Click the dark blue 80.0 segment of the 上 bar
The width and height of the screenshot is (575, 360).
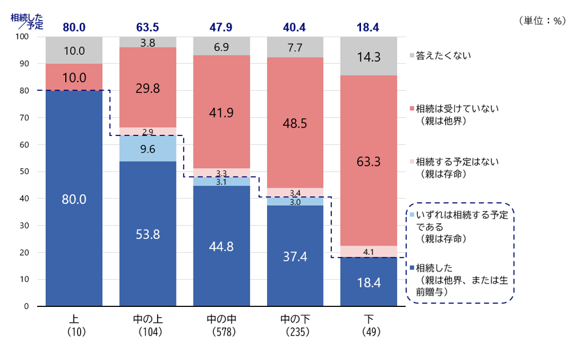coord(74,198)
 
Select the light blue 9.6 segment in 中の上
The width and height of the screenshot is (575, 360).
coord(148,148)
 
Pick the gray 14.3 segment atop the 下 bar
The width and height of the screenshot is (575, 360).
coord(369,56)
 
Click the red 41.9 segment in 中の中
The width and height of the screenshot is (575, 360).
coord(222,112)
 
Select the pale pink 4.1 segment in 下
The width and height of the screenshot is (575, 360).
coord(369,252)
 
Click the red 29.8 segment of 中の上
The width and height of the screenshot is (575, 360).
coord(148,87)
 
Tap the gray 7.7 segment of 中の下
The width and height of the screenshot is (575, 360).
coord(295,48)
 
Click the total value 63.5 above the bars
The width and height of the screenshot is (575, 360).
coord(148,27)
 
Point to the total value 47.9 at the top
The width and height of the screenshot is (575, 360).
coord(221,27)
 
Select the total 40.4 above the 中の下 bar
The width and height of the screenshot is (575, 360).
coord(295,27)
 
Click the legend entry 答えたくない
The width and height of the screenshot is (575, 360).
coord(443,56)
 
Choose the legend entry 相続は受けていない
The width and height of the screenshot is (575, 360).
coord(457,109)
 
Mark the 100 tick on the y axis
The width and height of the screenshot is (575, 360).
coord(23,36)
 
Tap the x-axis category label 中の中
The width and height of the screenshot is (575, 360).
coord(222,320)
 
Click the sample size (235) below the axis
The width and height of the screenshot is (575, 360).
coord(295,332)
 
